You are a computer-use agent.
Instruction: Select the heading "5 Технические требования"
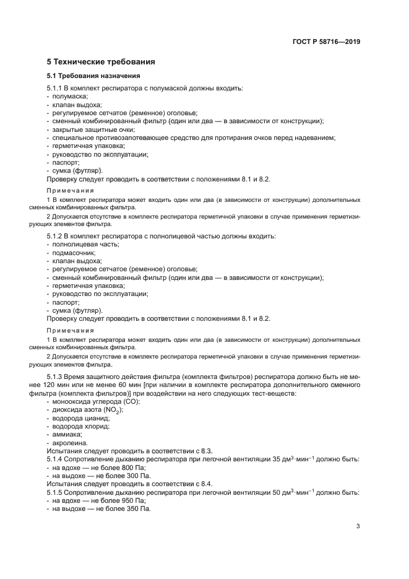pos(101,62)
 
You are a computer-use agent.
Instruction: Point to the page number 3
pos(358,526)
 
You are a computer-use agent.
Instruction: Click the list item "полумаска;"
pos(70,97)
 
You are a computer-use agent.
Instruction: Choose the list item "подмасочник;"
pos(74,253)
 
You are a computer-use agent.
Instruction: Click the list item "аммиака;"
pos(69,435)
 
